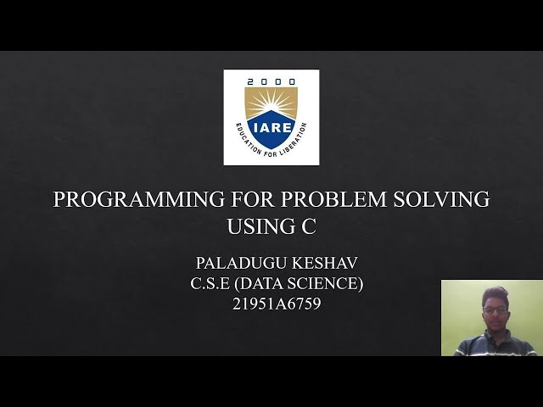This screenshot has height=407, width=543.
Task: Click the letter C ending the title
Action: (309, 226)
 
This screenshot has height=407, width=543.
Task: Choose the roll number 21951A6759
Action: (277, 304)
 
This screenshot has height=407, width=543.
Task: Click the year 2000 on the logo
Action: (271, 82)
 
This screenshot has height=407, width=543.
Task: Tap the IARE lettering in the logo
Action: (271, 127)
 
